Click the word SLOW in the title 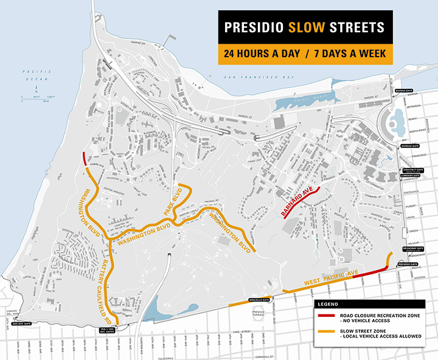305,29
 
